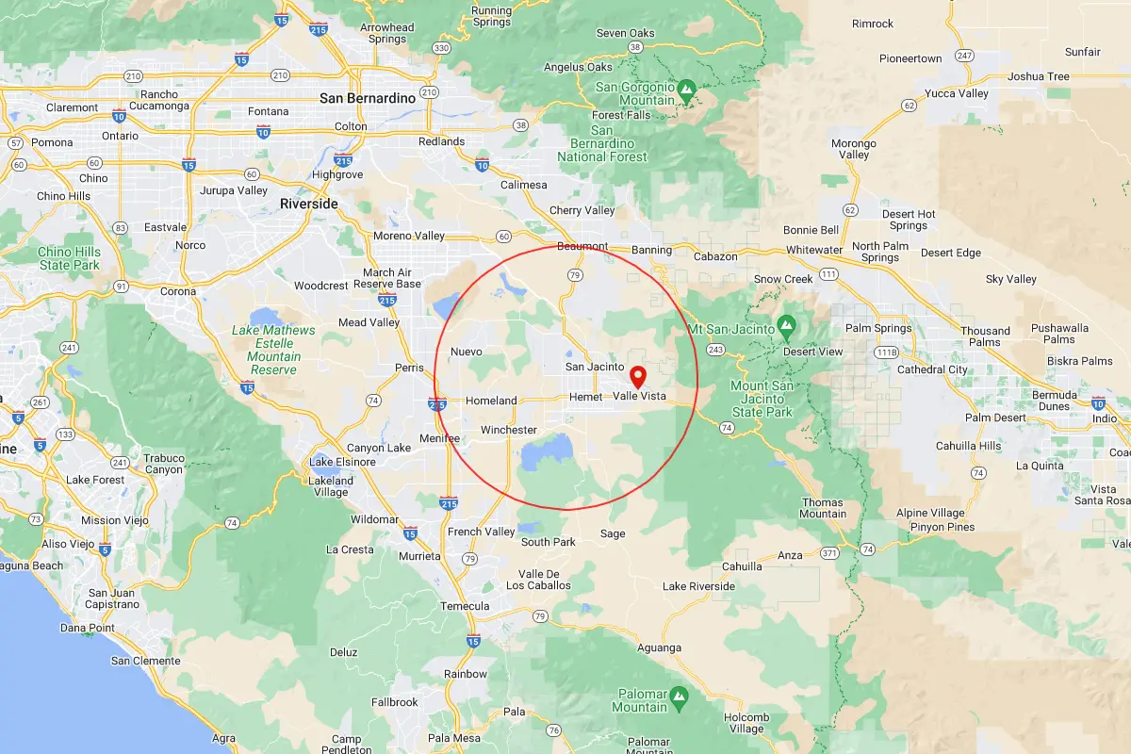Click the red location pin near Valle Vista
[x=638, y=377]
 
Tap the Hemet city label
[x=585, y=397]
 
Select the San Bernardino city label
[x=368, y=98]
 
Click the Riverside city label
[x=308, y=204]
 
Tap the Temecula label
[x=466, y=606]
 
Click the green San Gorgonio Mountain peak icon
[x=687, y=90]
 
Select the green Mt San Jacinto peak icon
[x=787, y=328]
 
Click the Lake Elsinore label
[x=343, y=462]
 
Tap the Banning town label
[x=651, y=250]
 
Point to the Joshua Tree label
[x=1039, y=76]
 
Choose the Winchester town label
[x=509, y=430]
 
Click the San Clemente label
[x=145, y=661]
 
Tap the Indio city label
[x=1105, y=418]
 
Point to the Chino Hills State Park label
[x=69, y=258]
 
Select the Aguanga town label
[x=659, y=647]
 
